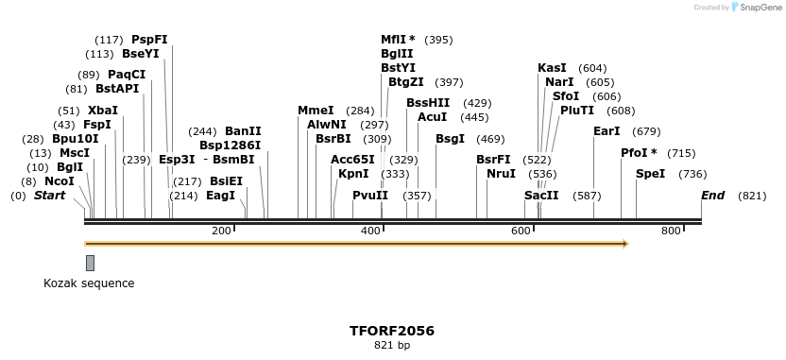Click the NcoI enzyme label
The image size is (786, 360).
(59, 181)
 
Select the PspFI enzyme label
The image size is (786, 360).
(149, 40)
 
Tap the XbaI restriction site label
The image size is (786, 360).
(103, 111)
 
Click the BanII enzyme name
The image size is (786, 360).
(243, 131)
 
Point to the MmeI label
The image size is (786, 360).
(316, 111)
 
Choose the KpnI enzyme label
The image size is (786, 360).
(353, 174)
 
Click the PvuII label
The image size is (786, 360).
(370, 196)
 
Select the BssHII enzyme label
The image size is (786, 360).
(428, 103)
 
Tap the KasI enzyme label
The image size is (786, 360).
(552, 68)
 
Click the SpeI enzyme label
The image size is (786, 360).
(650, 174)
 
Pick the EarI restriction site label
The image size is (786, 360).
(607, 131)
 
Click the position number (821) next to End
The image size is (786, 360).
(752, 196)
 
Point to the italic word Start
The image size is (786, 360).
(50, 196)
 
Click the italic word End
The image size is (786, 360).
(712, 196)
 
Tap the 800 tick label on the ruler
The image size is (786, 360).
(671, 231)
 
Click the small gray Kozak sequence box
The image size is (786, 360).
(90, 263)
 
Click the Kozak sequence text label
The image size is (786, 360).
(89, 283)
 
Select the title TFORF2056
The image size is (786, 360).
(392, 331)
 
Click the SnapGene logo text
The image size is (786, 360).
(760, 8)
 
